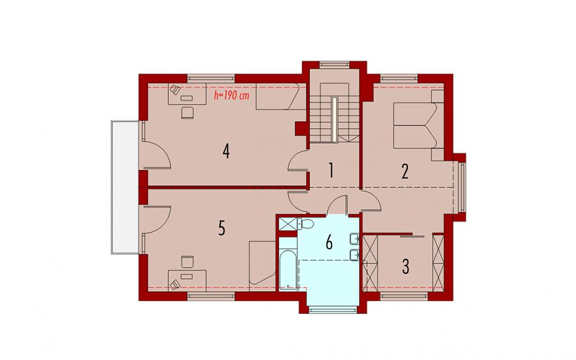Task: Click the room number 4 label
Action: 226,151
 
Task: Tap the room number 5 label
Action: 221,228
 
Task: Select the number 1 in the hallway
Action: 331,170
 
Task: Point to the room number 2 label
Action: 405,171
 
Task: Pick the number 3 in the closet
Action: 406,267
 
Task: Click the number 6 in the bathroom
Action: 329,243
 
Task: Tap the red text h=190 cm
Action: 232,96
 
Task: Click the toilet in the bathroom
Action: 305,224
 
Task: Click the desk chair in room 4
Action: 188,112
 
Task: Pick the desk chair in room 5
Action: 188,262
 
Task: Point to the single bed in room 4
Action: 281,96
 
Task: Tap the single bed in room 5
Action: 262,266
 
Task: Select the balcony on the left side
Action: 125,187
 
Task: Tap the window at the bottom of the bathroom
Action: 333,310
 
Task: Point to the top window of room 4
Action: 211,78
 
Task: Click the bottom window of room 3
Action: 404,296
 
